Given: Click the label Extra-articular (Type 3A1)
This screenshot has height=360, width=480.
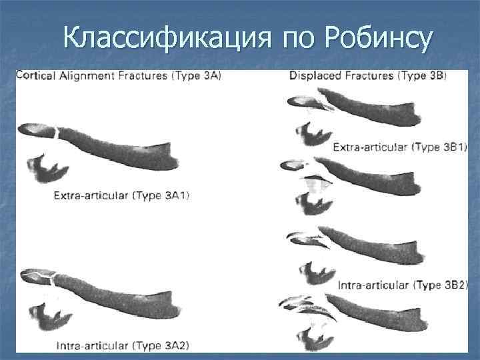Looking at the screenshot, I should click(121, 195).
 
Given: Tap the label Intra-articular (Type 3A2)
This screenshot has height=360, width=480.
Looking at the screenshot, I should click(123, 345).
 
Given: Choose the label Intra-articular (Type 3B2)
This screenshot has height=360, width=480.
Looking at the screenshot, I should click(403, 285).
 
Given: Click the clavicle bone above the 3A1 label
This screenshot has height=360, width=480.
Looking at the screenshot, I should click(120, 145).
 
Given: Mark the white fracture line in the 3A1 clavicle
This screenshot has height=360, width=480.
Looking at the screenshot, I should click(59, 133).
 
